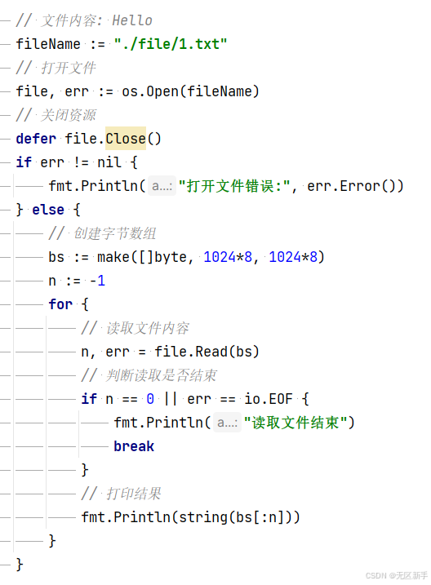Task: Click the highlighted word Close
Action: tap(126, 139)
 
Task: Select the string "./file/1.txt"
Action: tap(171, 44)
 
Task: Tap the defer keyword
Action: tap(36, 139)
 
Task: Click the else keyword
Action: tap(48, 210)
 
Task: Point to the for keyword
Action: tap(60, 304)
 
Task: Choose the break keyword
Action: tap(134, 446)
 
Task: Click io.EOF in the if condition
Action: tap(269, 399)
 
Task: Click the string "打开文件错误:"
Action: tap(234, 186)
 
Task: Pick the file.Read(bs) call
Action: tap(207, 352)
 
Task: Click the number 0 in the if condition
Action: tap(150, 399)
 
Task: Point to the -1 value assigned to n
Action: tap(97, 281)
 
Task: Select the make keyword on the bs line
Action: tap(113, 257)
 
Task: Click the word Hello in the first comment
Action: tap(132, 20)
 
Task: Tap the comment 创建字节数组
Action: tap(114, 233)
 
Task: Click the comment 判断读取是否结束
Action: tap(161, 375)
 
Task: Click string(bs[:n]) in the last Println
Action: tap(235, 517)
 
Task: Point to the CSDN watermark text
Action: tap(396, 575)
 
